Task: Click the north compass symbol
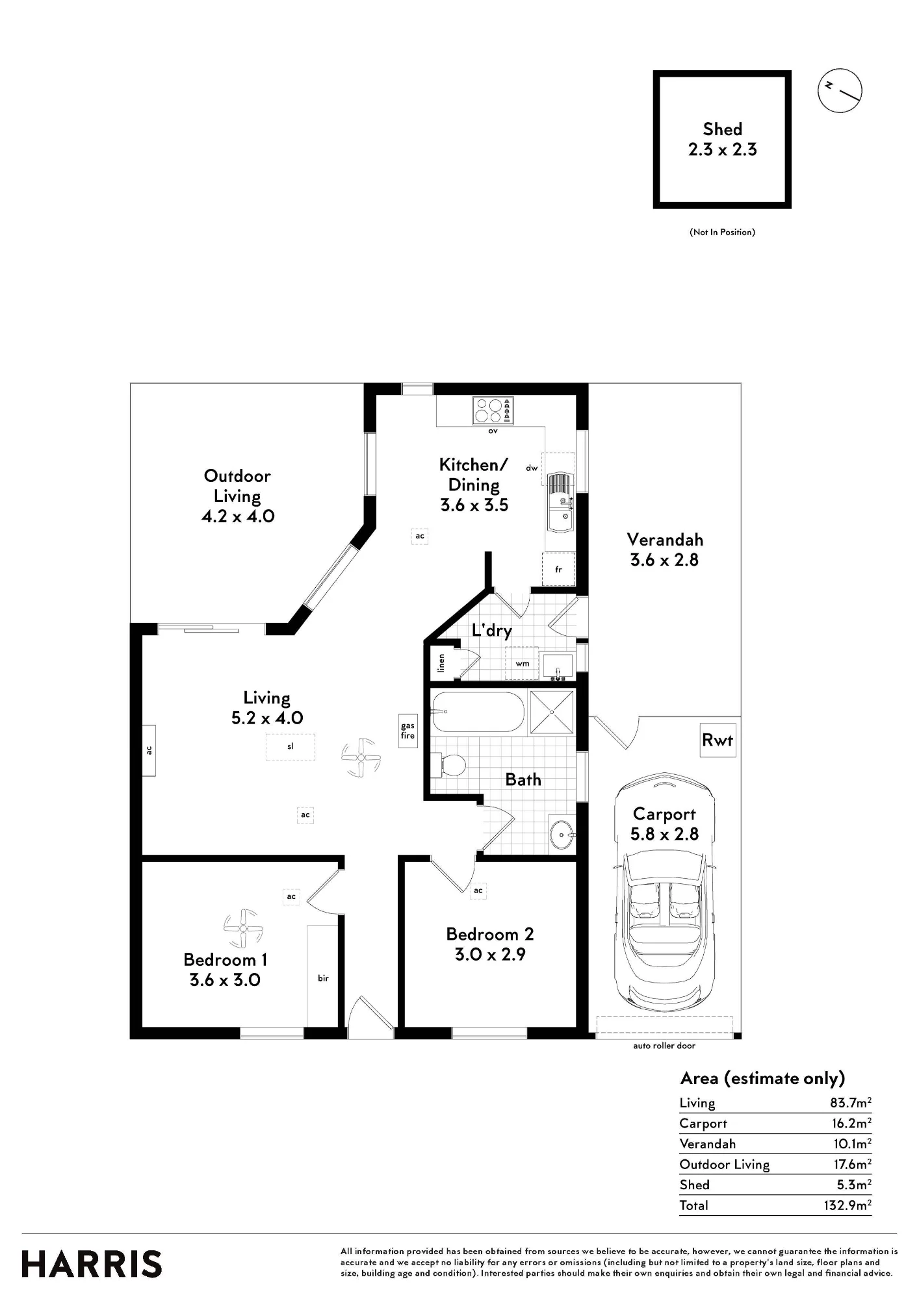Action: click(840, 90)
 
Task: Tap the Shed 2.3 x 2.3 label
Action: click(723, 139)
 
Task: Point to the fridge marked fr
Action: click(558, 569)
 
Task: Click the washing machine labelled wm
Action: click(522, 663)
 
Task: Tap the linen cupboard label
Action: click(442, 662)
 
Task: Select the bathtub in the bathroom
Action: click(478, 713)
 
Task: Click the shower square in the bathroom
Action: click(552, 712)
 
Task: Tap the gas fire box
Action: click(408, 731)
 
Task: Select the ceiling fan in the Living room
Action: click(361, 757)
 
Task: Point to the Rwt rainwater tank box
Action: click(718, 740)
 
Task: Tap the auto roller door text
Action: click(664, 1046)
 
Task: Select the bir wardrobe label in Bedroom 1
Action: click(323, 978)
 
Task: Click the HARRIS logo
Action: click(92, 1264)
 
